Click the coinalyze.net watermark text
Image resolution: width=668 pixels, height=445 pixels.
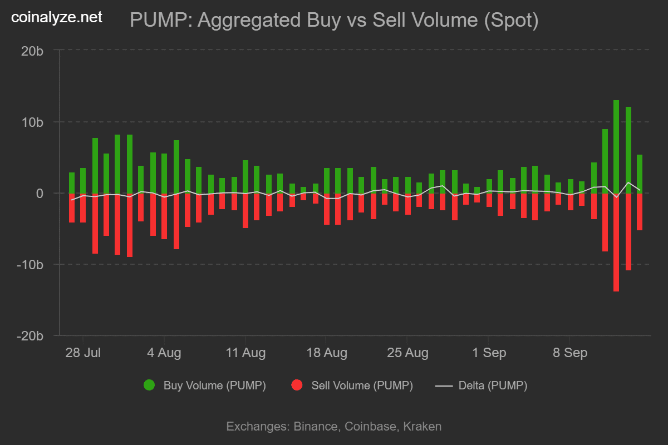pos(57,18)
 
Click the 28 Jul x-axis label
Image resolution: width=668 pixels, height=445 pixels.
pos(83,353)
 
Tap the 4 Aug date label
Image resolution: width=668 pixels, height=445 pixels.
pos(164,353)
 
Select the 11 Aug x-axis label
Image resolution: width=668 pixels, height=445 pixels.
pos(245,353)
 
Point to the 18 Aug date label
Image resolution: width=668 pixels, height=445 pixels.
pos(326,353)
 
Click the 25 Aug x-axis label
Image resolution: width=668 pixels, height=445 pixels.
pos(407,353)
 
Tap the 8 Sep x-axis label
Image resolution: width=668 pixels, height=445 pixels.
pos(569,353)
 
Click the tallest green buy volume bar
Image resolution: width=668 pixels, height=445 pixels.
pos(616,147)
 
